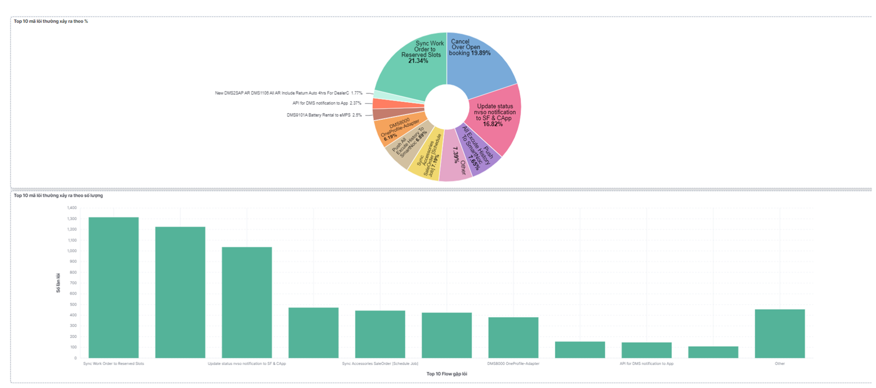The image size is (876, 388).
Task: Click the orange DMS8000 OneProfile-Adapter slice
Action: click(x=397, y=128)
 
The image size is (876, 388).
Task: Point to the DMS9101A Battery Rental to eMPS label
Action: click(x=324, y=115)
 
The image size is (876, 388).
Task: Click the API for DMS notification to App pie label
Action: click(x=327, y=103)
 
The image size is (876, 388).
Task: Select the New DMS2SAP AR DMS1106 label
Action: click(x=289, y=93)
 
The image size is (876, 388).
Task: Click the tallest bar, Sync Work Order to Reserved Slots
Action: click(x=114, y=287)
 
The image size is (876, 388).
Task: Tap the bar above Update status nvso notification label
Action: click(x=247, y=302)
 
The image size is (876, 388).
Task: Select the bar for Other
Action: click(x=780, y=333)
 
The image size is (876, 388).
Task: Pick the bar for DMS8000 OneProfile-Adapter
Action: click(x=513, y=337)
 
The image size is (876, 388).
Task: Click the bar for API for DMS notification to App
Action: click(x=646, y=350)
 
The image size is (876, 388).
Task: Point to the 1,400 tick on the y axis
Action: click(x=72, y=208)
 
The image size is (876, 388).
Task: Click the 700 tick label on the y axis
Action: click(x=73, y=283)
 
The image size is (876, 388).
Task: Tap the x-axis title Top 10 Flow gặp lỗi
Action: click(x=446, y=374)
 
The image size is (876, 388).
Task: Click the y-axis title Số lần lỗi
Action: click(x=58, y=283)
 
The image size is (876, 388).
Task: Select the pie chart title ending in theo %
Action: click(x=51, y=21)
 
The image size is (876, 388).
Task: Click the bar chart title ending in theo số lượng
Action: click(x=58, y=195)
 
